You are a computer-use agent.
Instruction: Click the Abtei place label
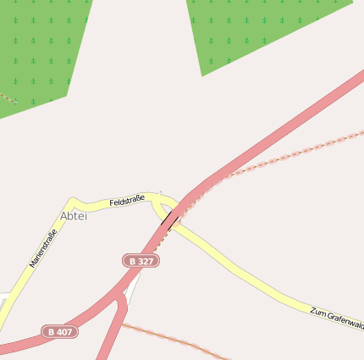click(x=74, y=216)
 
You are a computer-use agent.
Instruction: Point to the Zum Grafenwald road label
click(x=337, y=318)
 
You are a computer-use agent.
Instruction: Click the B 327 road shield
click(x=141, y=261)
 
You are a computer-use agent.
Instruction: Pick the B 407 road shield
click(x=60, y=331)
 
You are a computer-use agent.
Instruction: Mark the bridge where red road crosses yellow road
click(x=173, y=219)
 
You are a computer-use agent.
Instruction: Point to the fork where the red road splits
click(x=120, y=296)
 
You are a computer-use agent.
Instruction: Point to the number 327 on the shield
click(x=146, y=261)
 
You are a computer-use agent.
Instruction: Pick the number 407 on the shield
click(x=64, y=331)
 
